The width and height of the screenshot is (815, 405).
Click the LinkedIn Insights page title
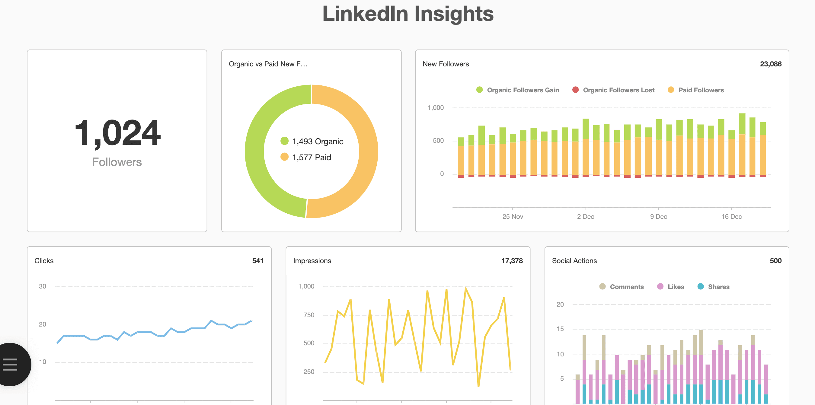[407, 14]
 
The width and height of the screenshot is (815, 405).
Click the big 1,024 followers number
[117, 133]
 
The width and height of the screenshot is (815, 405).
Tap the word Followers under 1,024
[117, 162]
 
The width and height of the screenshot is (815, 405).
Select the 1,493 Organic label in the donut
[317, 142]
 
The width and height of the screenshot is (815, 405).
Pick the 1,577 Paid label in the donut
[311, 157]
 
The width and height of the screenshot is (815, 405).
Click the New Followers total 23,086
[770, 64]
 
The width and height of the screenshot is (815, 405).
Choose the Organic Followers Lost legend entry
[618, 90]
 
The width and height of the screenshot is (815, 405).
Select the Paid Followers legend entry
[701, 90]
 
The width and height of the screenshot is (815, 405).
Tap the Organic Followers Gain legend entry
[522, 90]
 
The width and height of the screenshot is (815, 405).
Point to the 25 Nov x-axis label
[513, 216]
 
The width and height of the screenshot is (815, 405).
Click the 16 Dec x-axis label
[731, 216]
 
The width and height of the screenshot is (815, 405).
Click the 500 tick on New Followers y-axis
[438, 141]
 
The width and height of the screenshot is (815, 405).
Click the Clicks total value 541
[257, 261]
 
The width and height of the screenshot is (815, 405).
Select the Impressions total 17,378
[512, 261]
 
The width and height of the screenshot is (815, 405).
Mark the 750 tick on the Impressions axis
[308, 315]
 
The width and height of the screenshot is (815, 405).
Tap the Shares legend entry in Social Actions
[718, 287]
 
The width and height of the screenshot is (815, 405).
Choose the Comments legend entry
[626, 287]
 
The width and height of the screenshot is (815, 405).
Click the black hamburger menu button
[10, 364]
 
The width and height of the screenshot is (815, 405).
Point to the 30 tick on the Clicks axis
[42, 286]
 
